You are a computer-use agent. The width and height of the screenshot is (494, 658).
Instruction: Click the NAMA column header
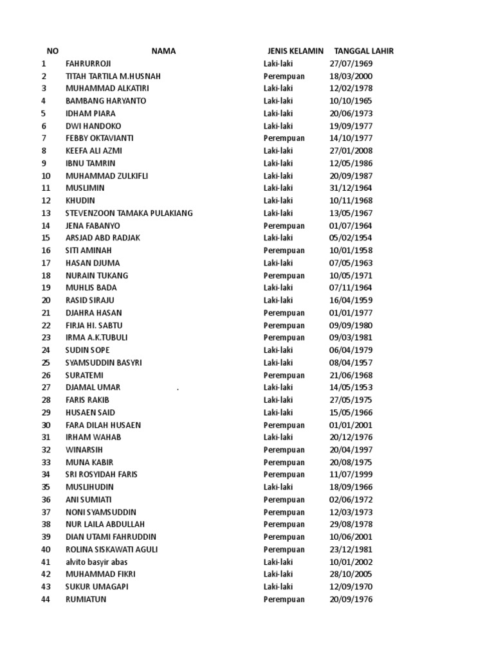point(163,51)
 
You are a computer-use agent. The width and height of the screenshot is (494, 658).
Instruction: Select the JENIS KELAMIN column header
point(295,51)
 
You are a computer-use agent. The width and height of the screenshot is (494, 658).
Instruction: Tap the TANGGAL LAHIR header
point(363,51)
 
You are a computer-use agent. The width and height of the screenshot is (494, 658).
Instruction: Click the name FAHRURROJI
point(88,64)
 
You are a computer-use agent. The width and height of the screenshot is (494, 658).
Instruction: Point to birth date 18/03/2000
point(351,76)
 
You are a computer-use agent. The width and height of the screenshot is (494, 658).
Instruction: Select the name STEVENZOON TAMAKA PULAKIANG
point(129,213)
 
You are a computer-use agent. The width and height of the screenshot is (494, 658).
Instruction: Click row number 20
point(46,300)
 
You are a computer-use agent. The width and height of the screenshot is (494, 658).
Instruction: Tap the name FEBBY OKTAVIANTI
point(100,138)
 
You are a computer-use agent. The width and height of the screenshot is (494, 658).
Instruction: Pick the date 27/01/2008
point(351,151)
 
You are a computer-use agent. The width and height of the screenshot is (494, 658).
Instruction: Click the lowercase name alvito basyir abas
point(96,562)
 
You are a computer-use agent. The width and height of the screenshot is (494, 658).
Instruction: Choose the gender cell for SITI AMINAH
point(284,251)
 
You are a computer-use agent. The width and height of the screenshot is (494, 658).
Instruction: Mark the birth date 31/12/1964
point(351,188)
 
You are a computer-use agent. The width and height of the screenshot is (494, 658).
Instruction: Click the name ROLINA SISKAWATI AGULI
point(111,549)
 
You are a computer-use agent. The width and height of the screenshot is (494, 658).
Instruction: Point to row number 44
point(46,600)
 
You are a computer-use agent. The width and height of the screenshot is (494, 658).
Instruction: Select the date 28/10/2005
point(351,574)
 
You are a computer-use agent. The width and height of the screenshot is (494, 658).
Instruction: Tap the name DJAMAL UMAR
point(93,387)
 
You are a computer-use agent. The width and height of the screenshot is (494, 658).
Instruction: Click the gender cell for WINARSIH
point(284,450)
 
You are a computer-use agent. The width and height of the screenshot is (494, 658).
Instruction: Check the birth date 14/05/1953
point(351,387)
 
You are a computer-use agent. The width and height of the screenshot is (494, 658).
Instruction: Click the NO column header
point(53,51)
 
